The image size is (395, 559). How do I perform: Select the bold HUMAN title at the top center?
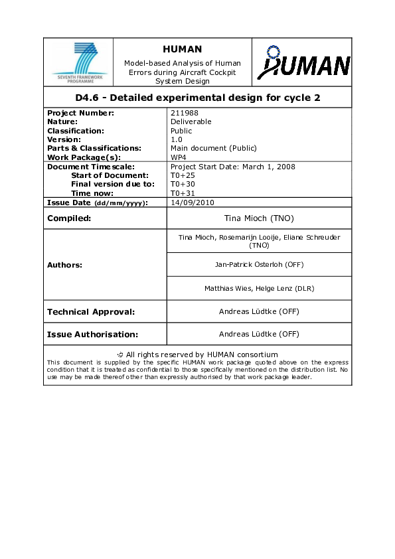pos(182,49)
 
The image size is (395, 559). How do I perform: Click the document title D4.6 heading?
pos(198,98)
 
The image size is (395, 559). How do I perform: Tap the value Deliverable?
pos(191,121)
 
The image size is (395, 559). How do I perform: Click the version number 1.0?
pos(176,139)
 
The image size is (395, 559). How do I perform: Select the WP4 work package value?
pos(178,157)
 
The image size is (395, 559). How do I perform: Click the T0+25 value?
pos(184,175)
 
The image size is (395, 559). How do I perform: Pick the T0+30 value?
pos(184,184)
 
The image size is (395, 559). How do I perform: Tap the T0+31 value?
pos(184,193)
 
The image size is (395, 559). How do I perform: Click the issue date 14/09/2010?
pos(193,202)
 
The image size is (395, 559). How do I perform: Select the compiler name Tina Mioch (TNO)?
pos(259,218)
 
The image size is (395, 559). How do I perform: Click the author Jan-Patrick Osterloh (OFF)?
pos(259,264)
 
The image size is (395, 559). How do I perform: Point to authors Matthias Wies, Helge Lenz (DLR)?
pos(259,288)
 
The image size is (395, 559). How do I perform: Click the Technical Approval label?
pos(91,311)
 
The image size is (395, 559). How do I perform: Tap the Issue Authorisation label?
pos(92,334)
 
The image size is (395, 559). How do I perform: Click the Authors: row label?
pos(64,265)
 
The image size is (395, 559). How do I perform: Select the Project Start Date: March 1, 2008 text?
pos(233,167)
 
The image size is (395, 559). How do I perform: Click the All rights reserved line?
pos(198,355)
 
